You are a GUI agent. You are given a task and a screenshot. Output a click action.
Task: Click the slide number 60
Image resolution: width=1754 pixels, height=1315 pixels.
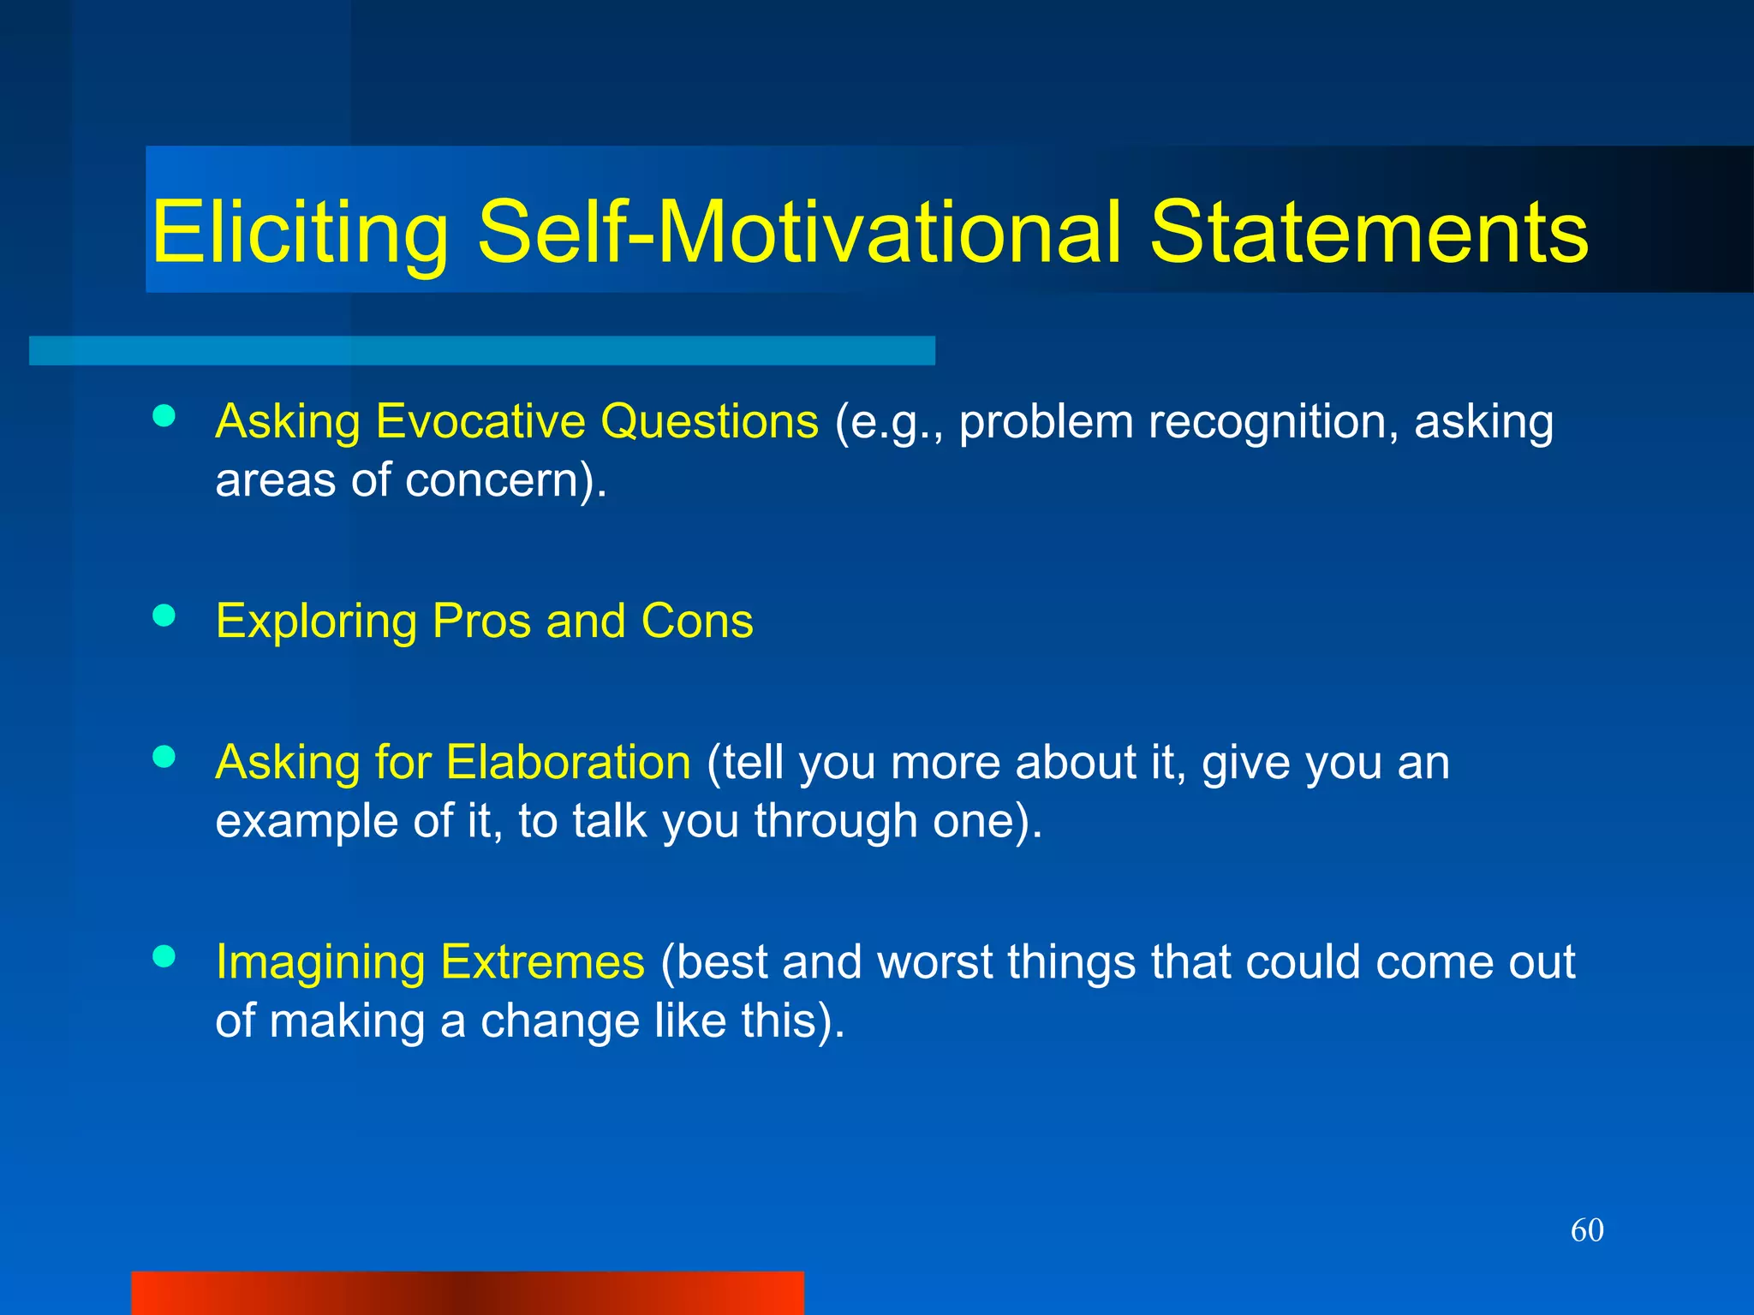tap(1587, 1230)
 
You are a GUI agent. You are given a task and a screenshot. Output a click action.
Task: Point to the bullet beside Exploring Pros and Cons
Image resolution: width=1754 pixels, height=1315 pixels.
tap(164, 615)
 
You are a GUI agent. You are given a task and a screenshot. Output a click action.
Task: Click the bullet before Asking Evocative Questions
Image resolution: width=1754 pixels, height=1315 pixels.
tap(164, 416)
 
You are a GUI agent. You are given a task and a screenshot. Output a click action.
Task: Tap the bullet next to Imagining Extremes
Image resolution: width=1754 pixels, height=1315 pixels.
tap(164, 955)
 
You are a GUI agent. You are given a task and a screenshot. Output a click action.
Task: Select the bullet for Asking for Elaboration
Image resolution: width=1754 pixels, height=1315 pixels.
tap(164, 756)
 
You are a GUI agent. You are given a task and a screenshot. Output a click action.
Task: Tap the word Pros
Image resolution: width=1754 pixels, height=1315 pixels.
tap(481, 621)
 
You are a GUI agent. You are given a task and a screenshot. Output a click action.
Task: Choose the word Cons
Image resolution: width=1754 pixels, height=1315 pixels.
tap(696, 621)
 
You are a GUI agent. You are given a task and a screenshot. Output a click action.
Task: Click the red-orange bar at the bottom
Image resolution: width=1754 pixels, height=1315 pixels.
tap(468, 1293)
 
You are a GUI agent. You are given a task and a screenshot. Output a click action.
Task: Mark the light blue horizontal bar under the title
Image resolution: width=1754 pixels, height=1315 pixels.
tap(482, 351)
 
